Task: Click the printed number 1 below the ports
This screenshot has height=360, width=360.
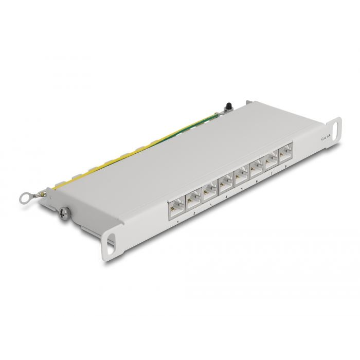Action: [177, 222]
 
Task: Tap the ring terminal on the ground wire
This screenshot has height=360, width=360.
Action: [37, 197]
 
